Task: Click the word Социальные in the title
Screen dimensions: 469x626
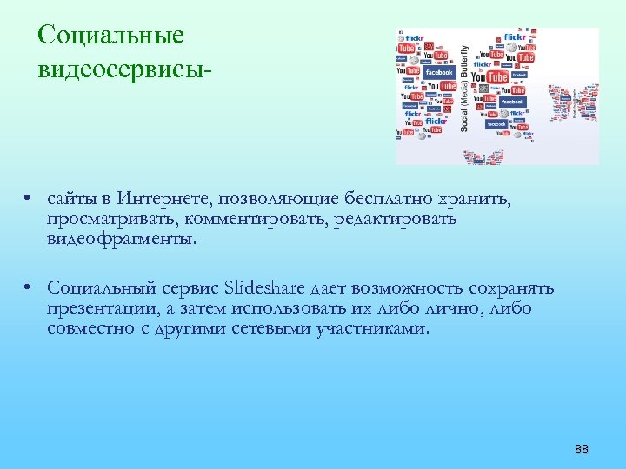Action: [111, 36]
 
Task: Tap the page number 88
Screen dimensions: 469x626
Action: [582, 449]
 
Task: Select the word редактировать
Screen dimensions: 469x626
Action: [394, 219]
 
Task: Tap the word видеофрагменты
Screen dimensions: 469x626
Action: [122, 238]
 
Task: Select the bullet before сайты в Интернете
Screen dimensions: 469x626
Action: [30, 200]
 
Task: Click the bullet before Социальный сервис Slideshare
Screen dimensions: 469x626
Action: [30, 288]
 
